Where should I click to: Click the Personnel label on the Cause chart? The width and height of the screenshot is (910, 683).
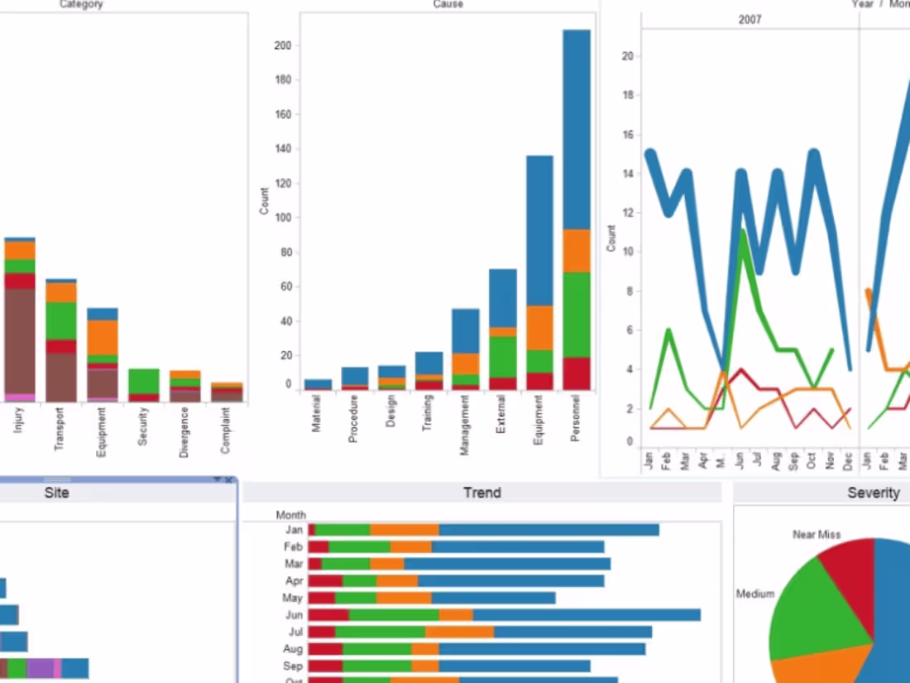577,419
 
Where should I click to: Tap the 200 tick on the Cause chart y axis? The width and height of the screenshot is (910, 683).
283,46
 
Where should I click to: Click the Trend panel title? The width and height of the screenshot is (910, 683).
481,493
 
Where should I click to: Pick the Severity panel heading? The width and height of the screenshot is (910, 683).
873,493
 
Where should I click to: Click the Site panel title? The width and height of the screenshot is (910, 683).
56,493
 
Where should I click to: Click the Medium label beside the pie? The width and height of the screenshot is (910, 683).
754,594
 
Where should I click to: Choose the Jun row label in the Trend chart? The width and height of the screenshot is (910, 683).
294,615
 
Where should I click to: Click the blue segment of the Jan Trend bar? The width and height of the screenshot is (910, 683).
548,530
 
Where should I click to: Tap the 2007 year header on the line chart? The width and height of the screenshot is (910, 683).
750,19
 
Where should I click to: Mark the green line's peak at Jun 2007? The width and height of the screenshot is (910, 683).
743,232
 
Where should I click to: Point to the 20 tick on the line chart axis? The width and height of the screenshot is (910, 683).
628,56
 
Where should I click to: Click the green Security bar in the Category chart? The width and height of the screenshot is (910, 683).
143,381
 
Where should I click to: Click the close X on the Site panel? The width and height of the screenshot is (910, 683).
229,480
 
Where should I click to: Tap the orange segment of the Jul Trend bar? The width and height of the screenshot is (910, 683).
459,632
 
